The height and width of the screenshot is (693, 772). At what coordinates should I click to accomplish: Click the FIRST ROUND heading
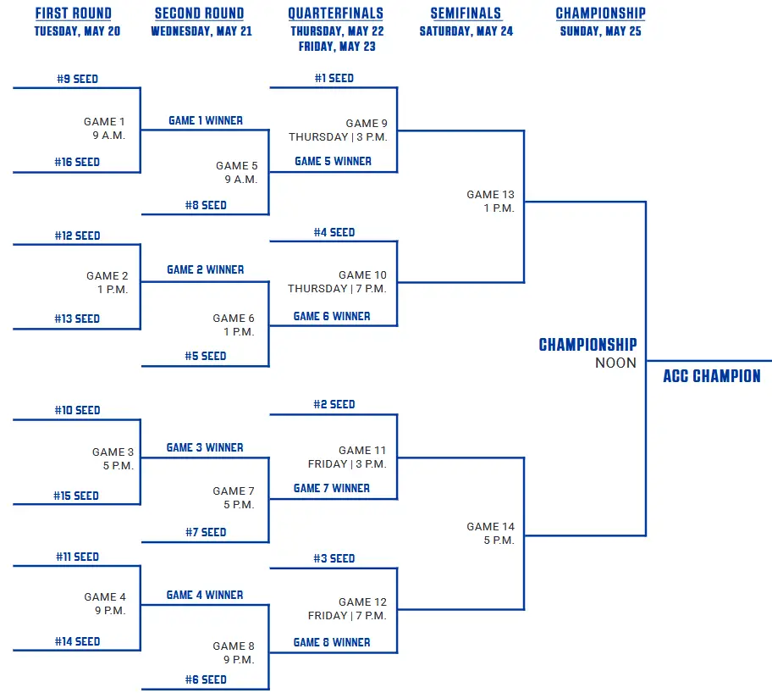[x=73, y=14]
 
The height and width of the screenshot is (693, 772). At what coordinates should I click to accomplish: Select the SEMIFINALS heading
[x=466, y=14]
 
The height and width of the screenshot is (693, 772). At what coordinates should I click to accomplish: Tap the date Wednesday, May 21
[x=201, y=32]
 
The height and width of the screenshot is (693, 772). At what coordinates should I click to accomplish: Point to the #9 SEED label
[x=77, y=79]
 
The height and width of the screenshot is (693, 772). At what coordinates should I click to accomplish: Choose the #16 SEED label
[x=77, y=162]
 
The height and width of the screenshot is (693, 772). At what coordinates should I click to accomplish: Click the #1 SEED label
[x=334, y=78]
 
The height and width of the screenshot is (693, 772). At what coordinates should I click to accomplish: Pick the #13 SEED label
[x=77, y=319]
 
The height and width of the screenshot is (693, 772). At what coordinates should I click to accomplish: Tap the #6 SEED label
[x=206, y=679]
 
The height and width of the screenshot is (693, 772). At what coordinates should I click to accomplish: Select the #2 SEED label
[x=334, y=404]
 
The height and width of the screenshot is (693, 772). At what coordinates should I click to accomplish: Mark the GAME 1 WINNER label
[x=206, y=120]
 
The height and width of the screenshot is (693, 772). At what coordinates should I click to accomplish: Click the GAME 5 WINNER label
[x=333, y=161]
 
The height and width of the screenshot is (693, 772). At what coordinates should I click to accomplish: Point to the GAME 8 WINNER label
[x=332, y=642]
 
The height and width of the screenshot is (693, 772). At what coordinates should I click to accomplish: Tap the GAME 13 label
[x=490, y=195]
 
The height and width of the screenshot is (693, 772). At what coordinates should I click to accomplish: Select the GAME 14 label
[x=490, y=527]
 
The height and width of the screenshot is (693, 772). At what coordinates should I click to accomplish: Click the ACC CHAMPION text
[x=711, y=376]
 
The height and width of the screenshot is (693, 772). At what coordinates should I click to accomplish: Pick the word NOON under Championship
[x=615, y=363]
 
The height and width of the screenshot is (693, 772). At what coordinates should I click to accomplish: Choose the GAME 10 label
[x=362, y=275]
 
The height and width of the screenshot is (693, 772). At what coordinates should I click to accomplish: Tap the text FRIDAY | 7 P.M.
[x=347, y=616]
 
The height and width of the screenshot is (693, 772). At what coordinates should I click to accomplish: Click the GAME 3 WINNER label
[x=205, y=447]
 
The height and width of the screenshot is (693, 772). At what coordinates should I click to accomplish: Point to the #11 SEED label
[x=77, y=557]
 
